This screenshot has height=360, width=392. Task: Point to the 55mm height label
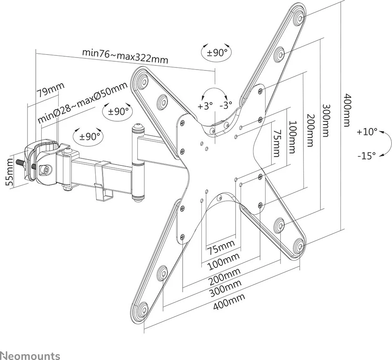coord(12,172)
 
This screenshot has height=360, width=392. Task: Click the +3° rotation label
coord(205,106)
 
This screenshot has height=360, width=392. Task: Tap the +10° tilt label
coord(367,132)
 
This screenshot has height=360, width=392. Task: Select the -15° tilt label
coord(367,155)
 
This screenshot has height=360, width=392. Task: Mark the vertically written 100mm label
coord(293,137)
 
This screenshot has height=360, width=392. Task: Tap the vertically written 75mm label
coord(276,143)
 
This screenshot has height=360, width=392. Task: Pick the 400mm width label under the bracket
coord(228,302)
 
